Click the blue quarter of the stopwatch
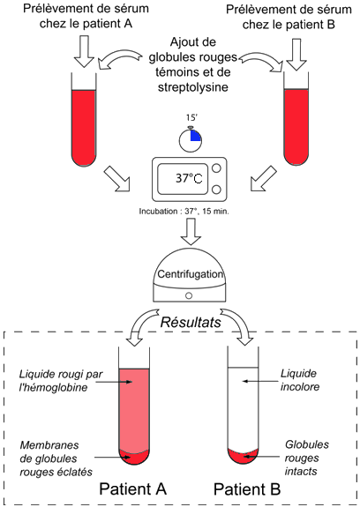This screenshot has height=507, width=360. click(x=195, y=136)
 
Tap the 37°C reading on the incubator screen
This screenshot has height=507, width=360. click(x=189, y=178)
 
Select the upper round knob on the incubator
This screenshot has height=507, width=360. click(x=216, y=168)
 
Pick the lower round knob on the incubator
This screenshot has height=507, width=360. click(x=216, y=190)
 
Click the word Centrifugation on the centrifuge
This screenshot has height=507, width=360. click(x=191, y=274)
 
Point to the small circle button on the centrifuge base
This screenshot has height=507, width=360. click(x=189, y=295)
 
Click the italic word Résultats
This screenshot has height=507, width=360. click(x=191, y=323)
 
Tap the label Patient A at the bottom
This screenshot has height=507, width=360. click(x=132, y=488)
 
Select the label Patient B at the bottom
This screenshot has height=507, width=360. click(x=247, y=488)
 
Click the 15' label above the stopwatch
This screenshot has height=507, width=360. click(x=191, y=117)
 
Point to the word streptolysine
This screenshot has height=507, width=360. click(x=193, y=87)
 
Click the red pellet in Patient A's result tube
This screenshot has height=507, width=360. click(x=134, y=456)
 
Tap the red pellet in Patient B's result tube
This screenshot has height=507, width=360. click(x=243, y=456)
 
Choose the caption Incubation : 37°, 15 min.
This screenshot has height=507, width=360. click(x=184, y=212)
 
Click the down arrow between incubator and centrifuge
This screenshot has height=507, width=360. click(x=191, y=232)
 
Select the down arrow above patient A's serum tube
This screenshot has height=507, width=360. click(x=84, y=51)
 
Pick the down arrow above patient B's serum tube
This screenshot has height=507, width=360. click(x=296, y=55)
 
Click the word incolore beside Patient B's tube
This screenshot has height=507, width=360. click(x=300, y=387)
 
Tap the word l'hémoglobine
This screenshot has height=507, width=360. click(x=53, y=387)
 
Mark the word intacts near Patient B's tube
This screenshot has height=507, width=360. click(x=301, y=472)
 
